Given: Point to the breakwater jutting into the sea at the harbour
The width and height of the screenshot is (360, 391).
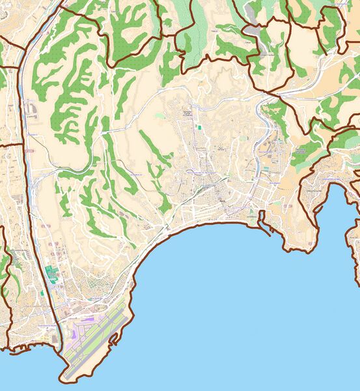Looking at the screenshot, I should point(268,229).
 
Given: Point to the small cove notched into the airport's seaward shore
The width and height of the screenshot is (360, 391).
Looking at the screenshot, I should point(115,340).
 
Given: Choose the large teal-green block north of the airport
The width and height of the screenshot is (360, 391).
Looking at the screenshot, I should point(51,274).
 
